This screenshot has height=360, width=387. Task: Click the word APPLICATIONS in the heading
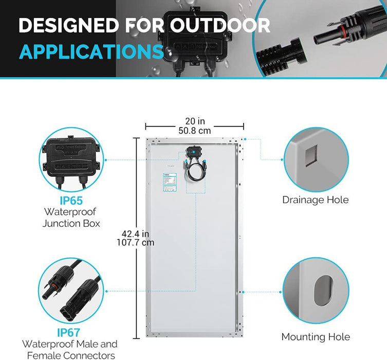91,51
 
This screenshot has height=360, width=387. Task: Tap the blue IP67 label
69,333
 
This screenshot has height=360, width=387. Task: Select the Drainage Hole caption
315,200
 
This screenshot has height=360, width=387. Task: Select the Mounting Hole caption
315,337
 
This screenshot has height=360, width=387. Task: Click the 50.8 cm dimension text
194,131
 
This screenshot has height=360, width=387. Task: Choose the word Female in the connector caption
39,355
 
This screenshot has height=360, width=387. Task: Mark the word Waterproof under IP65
70,211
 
